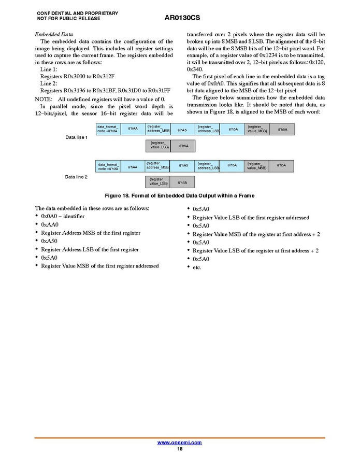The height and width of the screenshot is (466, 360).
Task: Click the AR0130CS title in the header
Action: pyautogui.click(x=182, y=18)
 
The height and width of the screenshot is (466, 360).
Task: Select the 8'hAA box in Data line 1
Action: pyautogui.click(x=133, y=129)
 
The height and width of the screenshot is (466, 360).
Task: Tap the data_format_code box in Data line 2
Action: pyautogui.click(x=108, y=166)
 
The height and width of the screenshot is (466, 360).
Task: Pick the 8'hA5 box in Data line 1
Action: pyautogui.click(x=182, y=129)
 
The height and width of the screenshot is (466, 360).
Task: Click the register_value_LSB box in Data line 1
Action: pyautogui.click(x=159, y=146)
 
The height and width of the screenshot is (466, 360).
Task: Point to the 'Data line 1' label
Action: pyautogui.click(x=76, y=137)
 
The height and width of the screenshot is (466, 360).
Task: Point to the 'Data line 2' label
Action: pyautogui.click(x=76, y=177)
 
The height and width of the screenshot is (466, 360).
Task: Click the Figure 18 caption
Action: pyautogui.click(x=180, y=195)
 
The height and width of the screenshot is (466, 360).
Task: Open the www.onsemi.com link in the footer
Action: pyautogui.click(x=179, y=442)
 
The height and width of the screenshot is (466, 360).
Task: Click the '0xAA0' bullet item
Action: pyautogui.click(x=50, y=224)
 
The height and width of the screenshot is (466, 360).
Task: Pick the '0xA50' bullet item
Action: pyautogui.click(x=50, y=241)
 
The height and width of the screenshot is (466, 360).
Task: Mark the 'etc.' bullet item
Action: pyautogui.click(x=197, y=267)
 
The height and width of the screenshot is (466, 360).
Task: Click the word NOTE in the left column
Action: pyautogui.click(x=44, y=99)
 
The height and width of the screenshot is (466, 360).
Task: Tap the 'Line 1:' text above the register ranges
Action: pyautogui.click(x=49, y=69)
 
